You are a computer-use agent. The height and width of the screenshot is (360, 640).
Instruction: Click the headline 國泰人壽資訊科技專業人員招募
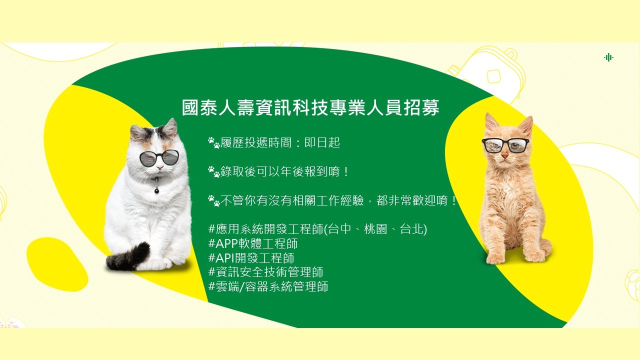[x=310, y=107]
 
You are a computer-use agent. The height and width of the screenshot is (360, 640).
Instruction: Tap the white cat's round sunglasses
[x=159, y=157]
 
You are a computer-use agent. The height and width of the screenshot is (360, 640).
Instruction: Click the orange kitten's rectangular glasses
[x=505, y=145]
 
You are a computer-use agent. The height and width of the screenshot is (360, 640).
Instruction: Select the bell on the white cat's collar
[x=156, y=190]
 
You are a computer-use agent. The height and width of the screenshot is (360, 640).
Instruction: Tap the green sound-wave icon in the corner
[x=608, y=57]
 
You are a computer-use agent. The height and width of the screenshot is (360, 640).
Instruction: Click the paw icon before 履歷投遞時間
[x=213, y=143]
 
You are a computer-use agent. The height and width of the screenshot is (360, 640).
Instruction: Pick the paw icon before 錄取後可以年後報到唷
[x=213, y=171]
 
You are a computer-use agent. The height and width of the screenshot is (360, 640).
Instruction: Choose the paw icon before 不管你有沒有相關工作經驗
[x=213, y=200]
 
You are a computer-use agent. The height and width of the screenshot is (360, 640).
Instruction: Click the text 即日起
[x=322, y=142]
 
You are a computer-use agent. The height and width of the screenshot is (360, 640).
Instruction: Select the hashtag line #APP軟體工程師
[x=253, y=243]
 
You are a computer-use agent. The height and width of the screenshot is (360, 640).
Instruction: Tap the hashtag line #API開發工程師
[x=251, y=257]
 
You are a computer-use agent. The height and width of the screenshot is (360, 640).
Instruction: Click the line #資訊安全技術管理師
[x=265, y=272]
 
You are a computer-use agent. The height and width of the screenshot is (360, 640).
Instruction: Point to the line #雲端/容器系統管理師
[x=268, y=286]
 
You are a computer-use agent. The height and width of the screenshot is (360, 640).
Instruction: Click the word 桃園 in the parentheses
[x=375, y=229]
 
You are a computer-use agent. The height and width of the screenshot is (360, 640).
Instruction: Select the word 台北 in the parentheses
[x=411, y=229]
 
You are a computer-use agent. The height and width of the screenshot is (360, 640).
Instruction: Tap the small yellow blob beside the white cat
[x=57, y=264]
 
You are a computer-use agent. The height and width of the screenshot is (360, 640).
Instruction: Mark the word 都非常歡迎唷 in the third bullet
[x=412, y=200]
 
